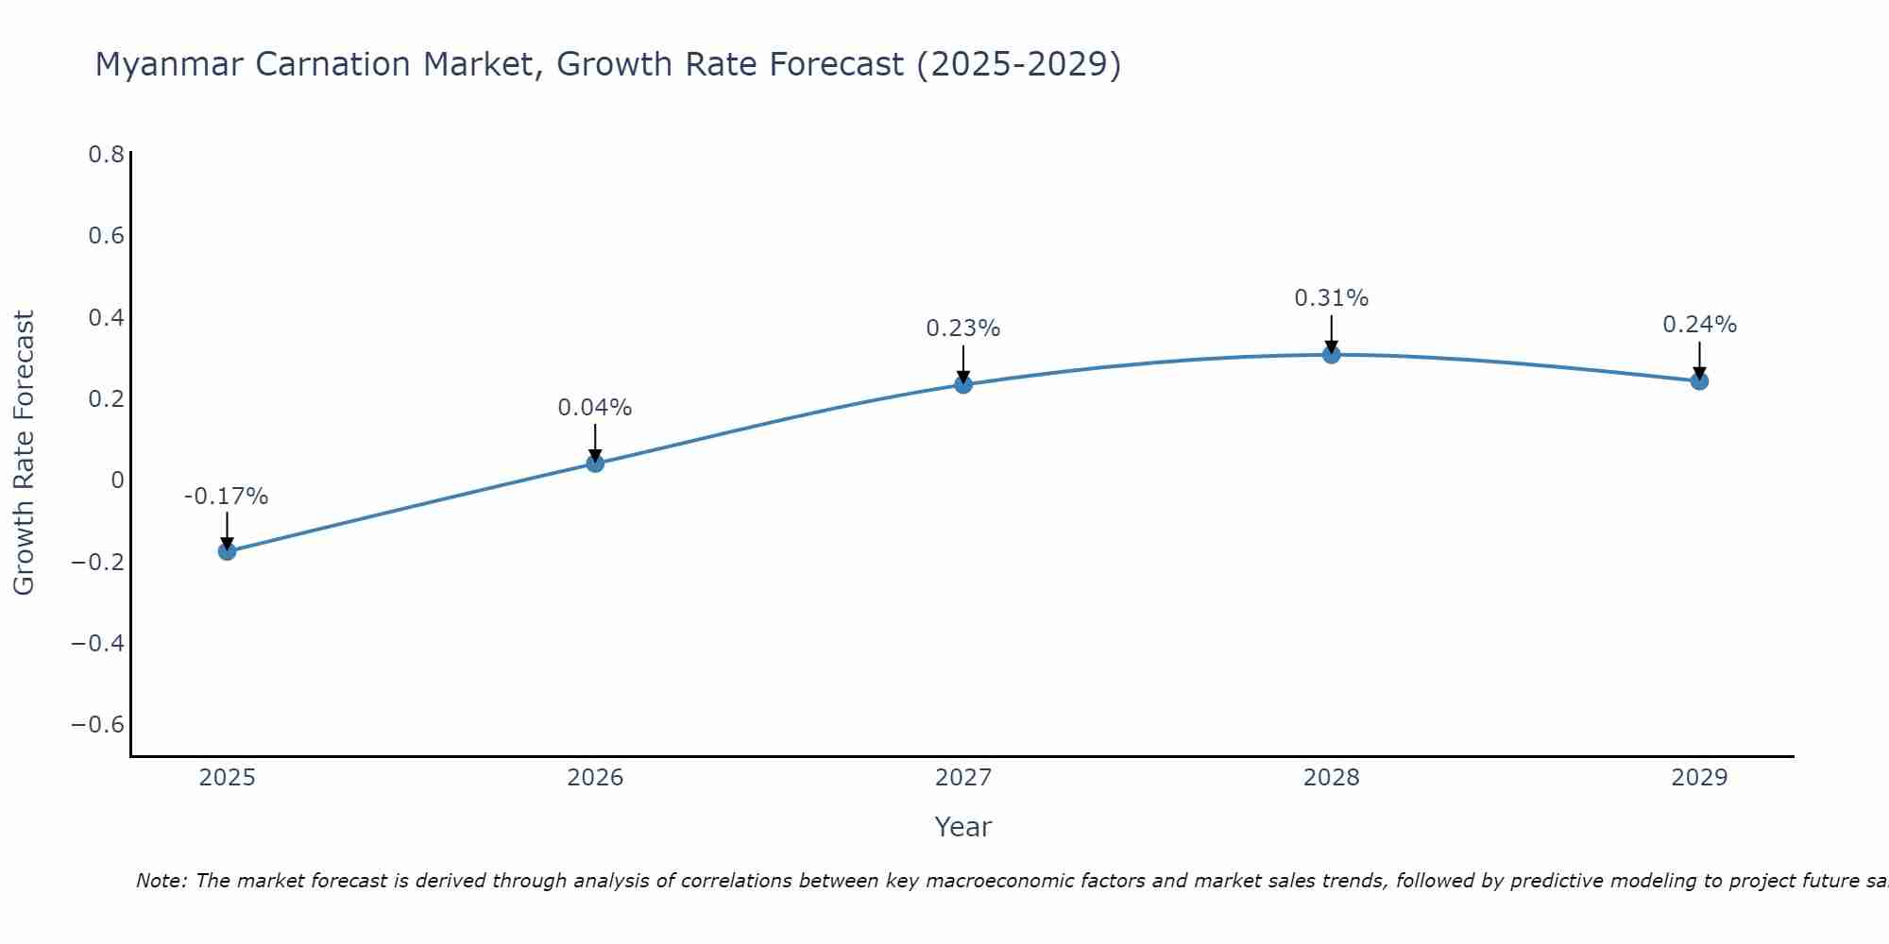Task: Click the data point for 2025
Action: (x=227, y=550)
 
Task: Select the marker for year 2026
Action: (x=595, y=463)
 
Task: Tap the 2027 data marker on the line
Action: (x=963, y=384)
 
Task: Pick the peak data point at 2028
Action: (x=1332, y=355)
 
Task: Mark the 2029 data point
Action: (x=1699, y=381)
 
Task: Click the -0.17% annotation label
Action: (x=227, y=497)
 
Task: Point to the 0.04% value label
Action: (x=595, y=408)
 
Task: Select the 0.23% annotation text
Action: (x=963, y=329)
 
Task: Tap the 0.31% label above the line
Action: (x=1332, y=298)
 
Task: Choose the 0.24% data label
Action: (x=1699, y=325)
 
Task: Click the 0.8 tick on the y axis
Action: (x=107, y=154)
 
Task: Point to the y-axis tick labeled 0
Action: (x=117, y=480)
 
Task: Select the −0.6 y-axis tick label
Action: (x=98, y=725)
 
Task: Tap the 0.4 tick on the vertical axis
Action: (x=107, y=317)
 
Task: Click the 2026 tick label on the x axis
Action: (x=595, y=778)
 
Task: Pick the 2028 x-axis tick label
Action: (x=1332, y=778)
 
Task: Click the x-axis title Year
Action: (x=962, y=828)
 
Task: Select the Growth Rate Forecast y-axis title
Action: (x=24, y=453)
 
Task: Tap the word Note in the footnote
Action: (x=161, y=881)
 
